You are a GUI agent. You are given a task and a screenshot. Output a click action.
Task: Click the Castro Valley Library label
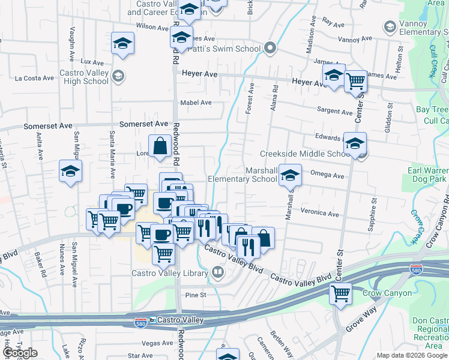tap(169, 273)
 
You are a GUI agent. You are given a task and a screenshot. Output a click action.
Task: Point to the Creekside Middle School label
tap(304, 154)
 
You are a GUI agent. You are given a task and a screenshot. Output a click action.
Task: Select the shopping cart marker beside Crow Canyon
tap(341, 294)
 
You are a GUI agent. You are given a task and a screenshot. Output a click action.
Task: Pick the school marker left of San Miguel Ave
tap(70, 171)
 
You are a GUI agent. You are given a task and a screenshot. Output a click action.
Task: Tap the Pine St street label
tap(196, 295)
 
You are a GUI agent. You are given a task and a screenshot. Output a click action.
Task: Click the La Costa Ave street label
tap(35, 78)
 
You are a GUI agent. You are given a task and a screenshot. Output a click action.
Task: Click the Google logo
tap(20, 353)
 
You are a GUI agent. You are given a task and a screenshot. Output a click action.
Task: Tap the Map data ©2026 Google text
tap(412, 355)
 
